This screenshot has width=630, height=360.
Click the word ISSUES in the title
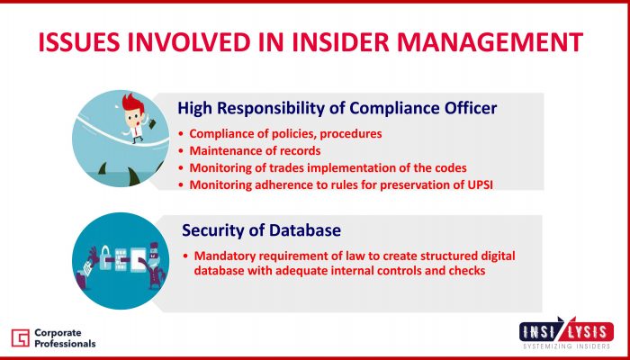click(x=79, y=42)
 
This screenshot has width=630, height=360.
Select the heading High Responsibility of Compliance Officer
click(x=337, y=108)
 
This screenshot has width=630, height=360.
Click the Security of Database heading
click(x=261, y=230)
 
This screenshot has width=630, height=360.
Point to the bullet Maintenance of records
click(x=255, y=150)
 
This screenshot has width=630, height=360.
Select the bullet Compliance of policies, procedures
click(x=285, y=134)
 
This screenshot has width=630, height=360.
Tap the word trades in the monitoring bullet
click(x=301, y=168)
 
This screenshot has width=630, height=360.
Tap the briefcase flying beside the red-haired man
click(x=153, y=124)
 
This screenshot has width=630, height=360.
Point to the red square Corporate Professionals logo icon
click(x=21, y=337)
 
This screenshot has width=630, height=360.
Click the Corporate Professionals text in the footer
click(x=65, y=338)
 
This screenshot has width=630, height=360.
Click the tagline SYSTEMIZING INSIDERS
click(x=566, y=346)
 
